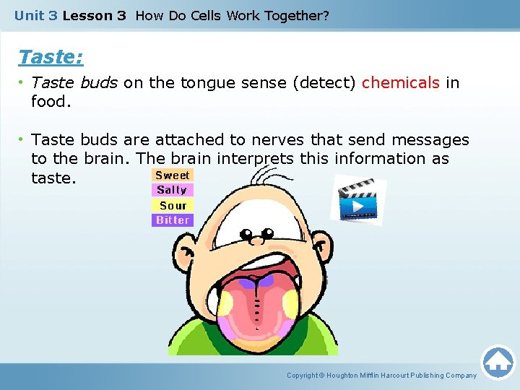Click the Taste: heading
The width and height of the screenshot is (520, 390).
[51, 57]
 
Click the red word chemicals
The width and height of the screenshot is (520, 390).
[400, 83]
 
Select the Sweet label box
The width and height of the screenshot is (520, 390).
[173, 175]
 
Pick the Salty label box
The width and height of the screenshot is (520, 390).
[172, 190]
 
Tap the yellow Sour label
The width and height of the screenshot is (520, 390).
[173, 205]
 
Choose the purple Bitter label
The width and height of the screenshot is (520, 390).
[173, 220]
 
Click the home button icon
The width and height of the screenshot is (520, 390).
[498, 363]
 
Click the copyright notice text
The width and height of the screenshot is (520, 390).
[381, 376]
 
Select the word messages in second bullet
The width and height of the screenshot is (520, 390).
[428, 140]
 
